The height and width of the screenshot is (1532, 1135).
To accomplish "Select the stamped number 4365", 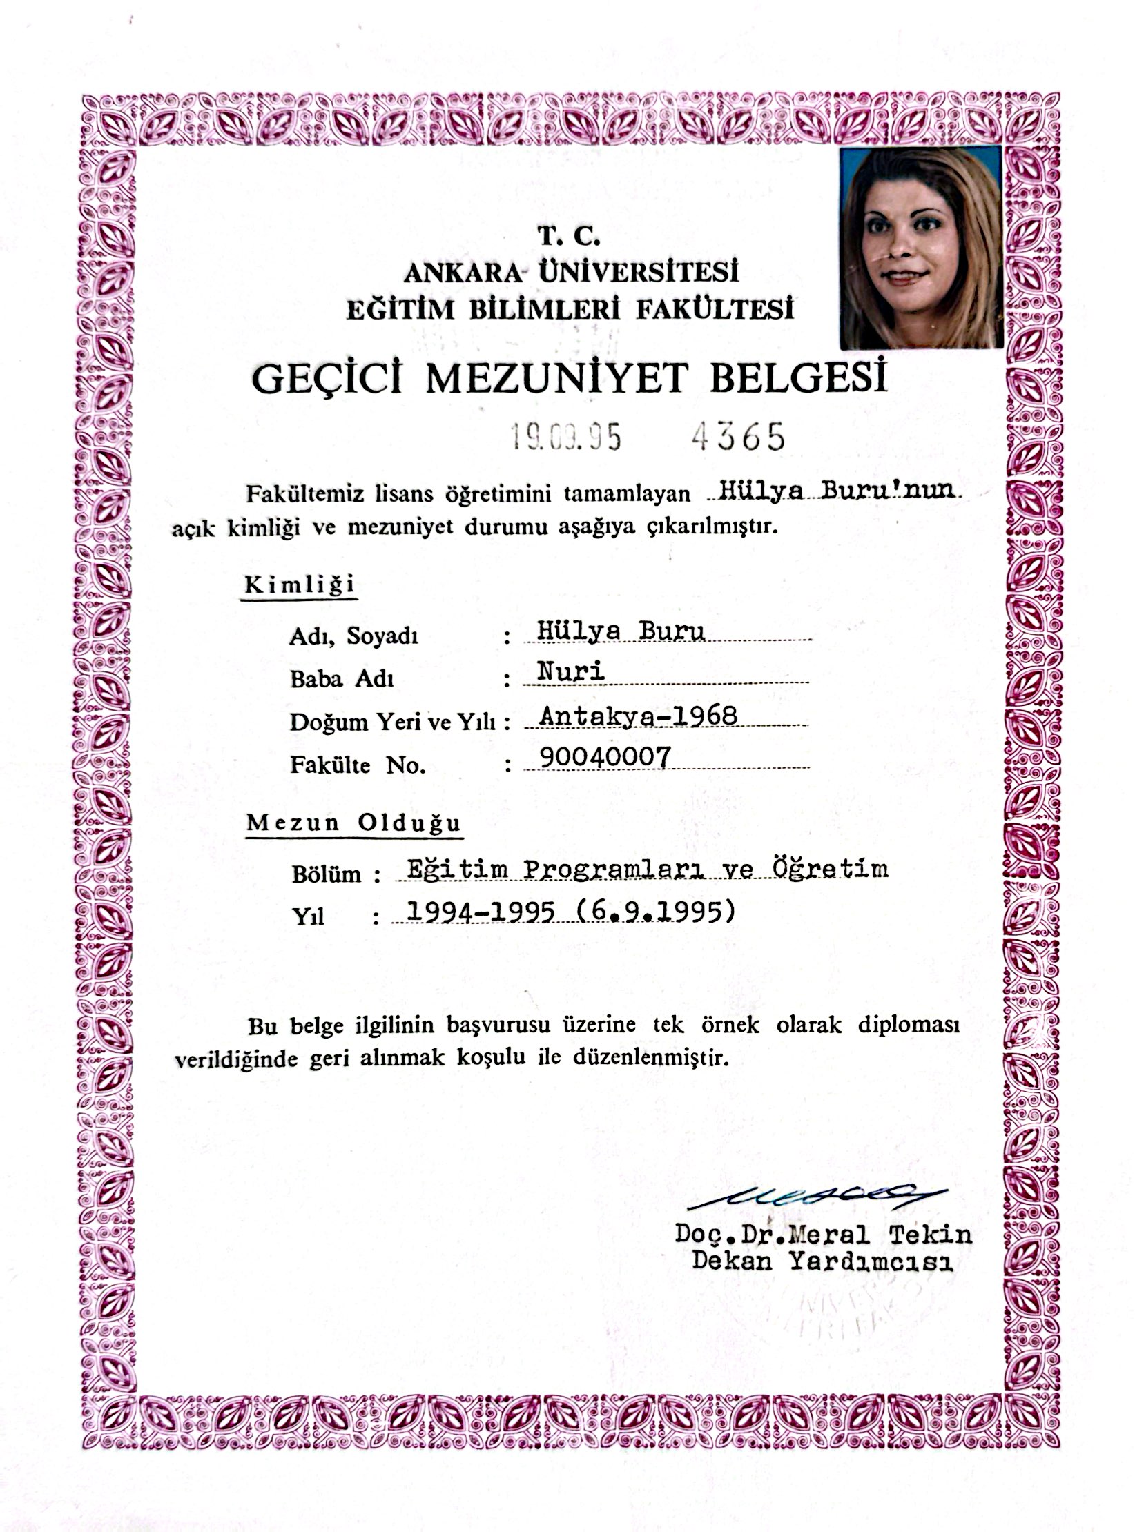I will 738,436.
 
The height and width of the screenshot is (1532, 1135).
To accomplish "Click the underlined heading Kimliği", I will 300,585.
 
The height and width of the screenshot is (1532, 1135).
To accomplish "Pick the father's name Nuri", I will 571,671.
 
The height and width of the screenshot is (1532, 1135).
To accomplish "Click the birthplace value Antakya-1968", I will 638,715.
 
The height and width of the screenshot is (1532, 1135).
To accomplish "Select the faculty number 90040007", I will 605,758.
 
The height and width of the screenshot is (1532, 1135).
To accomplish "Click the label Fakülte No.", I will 357,765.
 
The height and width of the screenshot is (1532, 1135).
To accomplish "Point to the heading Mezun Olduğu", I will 353,823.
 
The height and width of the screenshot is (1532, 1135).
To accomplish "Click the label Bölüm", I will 326,874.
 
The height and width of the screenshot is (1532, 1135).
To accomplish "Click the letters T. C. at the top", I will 569,237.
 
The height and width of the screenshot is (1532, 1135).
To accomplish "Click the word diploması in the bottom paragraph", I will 909,1025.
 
